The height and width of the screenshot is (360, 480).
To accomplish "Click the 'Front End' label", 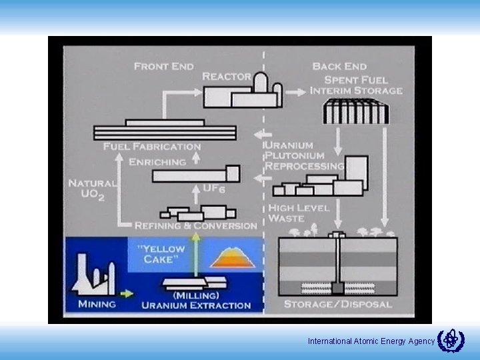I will pos(163,66).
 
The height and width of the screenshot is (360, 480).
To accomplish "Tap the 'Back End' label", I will pos(339,66).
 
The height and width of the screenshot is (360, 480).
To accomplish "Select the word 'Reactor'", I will pos(227,77).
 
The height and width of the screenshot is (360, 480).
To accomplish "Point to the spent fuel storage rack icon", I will pos(355,111).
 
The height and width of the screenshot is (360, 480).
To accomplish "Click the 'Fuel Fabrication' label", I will pos(152,147).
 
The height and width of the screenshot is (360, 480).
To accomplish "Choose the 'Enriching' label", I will pos(157,162).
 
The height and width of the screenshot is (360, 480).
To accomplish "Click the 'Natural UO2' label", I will pos(92,188).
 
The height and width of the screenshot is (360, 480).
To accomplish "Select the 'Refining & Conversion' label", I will pos(196,226).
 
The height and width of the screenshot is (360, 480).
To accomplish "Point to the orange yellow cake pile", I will pos(229,257).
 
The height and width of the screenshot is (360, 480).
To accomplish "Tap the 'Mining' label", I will pos(97,305).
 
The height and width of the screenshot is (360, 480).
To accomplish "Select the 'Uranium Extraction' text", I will pos(196,305).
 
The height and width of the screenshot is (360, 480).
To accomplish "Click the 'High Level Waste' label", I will pos(299,213).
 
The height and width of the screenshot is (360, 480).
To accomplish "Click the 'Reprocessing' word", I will pos(305,165).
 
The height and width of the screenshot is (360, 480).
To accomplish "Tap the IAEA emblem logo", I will pos(451,340).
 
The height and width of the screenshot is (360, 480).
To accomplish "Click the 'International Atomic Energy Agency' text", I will pos(371,341).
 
